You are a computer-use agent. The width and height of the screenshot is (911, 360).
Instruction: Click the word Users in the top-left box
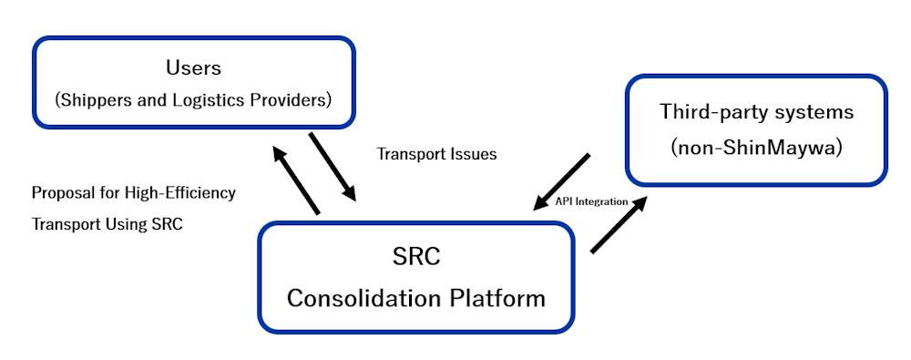pyautogui.click(x=193, y=68)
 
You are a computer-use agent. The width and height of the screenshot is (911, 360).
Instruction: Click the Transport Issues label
pyautogui.click(x=437, y=154)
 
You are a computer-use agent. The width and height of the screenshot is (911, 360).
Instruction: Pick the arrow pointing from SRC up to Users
pyautogui.click(x=296, y=180)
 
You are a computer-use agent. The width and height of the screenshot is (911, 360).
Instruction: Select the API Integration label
pyautogui.click(x=591, y=201)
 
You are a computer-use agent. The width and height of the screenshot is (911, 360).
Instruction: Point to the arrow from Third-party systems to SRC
pyautogui.click(x=561, y=182)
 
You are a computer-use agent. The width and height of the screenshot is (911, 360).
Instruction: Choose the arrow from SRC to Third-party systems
pyautogui.click(x=619, y=224)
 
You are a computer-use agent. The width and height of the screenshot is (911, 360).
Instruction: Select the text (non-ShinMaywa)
pyautogui.click(x=756, y=149)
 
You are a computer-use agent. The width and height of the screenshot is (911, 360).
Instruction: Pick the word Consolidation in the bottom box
pyautogui.click(x=364, y=299)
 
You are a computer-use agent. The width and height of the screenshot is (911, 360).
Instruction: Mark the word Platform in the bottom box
pyautogui.click(x=498, y=299)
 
